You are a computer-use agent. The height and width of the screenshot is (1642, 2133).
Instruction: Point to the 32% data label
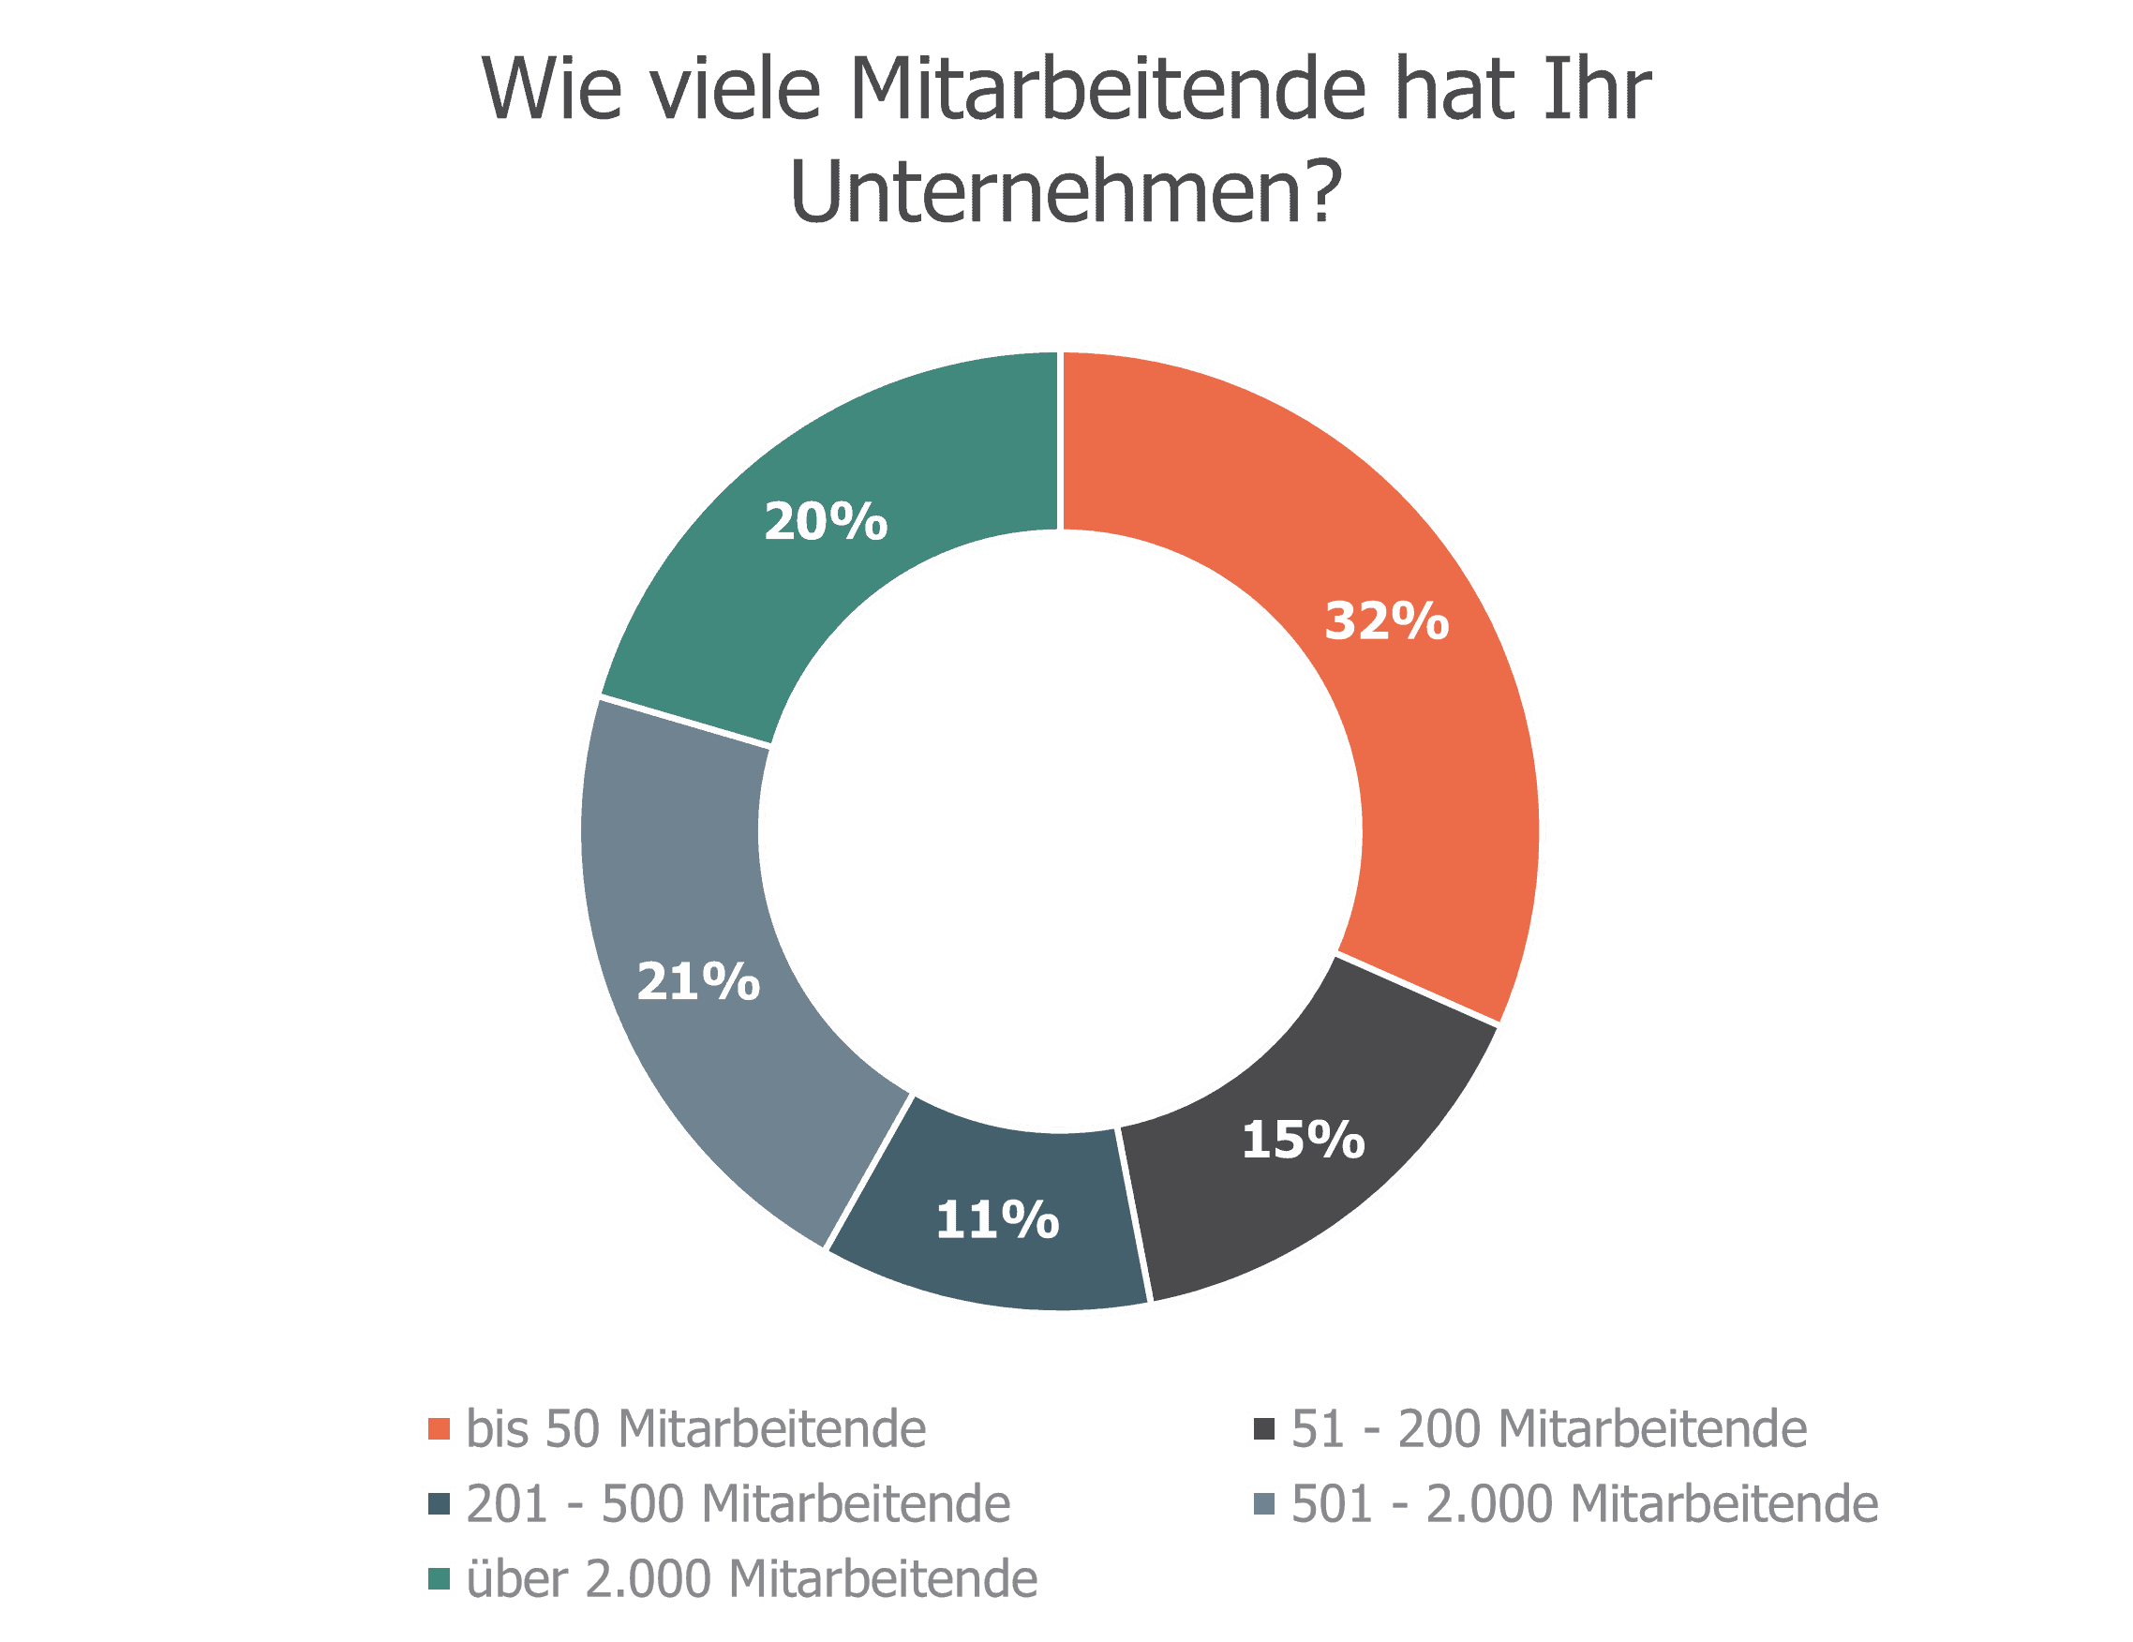[x=1386, y=621]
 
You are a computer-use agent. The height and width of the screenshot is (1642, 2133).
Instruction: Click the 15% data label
[x=1303, y=1140]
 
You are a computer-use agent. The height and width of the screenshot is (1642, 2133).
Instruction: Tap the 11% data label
[x=997, y=1220]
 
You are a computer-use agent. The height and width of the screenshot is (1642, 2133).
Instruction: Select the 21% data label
[x=698, y=981]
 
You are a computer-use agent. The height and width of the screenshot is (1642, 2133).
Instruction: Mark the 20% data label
[x=826, y=522]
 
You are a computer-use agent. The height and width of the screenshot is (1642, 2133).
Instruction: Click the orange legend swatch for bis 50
[x=439, y=1429]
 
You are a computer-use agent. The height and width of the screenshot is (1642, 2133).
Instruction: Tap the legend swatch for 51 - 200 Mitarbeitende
[x=1265, y=1429]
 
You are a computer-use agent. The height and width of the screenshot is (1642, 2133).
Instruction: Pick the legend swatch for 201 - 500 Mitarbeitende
[x=439, y=1504]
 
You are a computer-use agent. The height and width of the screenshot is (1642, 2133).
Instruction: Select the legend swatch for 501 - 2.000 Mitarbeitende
[x=1265, y=1504]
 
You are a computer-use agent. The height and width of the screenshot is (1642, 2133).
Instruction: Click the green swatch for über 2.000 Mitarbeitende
[x=439, y=1578]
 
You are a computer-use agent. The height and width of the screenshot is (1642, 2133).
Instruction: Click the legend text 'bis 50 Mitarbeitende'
[x=696, y=1429]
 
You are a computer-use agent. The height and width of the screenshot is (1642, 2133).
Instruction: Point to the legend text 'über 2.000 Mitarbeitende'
[x=752, y=1578]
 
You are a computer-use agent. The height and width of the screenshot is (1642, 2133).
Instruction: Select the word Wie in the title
[x=552, y=90]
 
